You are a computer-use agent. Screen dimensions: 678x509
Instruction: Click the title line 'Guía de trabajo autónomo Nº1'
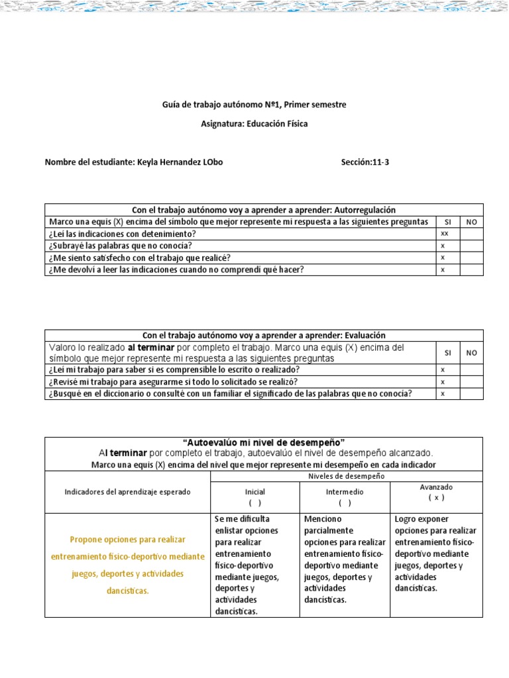(254, 105)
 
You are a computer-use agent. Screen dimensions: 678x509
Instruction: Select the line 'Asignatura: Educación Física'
(254, 124)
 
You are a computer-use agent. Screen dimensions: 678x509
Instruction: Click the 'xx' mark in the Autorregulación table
(444, 234)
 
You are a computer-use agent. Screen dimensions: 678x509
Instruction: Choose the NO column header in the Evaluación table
(471, 353)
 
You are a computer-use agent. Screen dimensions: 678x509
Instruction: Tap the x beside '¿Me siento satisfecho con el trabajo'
(442, 258)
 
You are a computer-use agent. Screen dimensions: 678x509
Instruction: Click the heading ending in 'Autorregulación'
(264, 210)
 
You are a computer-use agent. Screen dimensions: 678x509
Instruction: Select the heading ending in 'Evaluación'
(264, 336)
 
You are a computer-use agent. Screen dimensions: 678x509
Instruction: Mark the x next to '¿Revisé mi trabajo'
(442, 382)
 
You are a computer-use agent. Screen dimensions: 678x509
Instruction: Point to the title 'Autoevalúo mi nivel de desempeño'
(264, 442)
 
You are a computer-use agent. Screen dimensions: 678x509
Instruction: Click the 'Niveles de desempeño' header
(347, 477)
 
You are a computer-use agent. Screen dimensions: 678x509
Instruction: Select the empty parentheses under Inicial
(255, 503)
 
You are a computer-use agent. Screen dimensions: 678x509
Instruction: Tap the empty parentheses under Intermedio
(345, 503)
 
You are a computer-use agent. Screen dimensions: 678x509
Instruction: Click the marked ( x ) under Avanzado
(436, 497)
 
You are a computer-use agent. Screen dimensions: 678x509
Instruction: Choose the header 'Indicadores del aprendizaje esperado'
(127, 492)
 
